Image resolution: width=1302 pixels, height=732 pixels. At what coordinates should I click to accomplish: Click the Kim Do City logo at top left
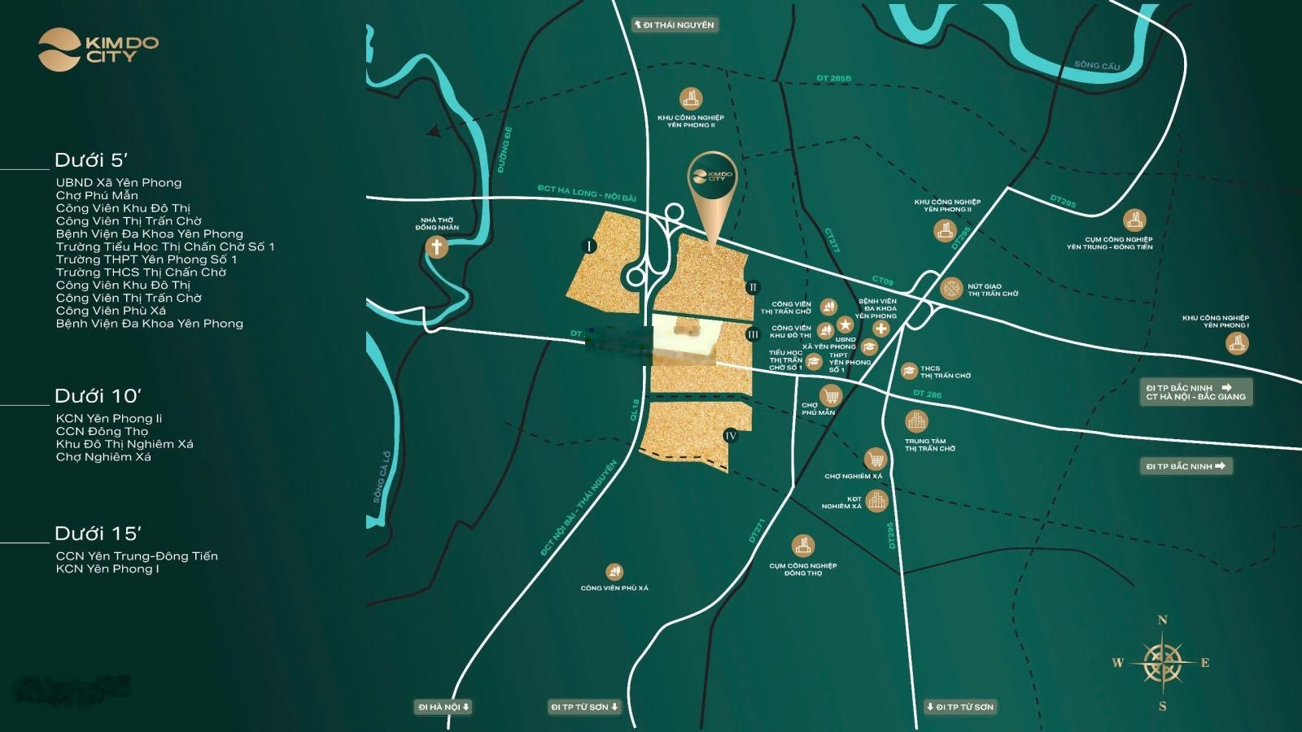tap(98, 49)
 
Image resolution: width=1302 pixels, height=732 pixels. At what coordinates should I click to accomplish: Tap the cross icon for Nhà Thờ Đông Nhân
tap(437, 246)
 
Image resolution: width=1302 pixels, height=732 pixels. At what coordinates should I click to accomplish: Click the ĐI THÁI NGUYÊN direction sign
tap(675, 25)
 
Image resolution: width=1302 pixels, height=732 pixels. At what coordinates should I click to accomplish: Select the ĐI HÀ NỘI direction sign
tap(443, 707)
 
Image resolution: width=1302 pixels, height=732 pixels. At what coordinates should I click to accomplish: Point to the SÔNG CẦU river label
tap(1096, 65)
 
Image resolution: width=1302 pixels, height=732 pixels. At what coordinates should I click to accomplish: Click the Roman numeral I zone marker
tap(590, 246)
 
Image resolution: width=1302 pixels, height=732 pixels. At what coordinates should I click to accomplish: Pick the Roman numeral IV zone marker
tap(731, 436)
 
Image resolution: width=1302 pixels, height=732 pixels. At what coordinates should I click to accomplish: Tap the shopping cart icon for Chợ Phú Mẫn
tap(830, 396)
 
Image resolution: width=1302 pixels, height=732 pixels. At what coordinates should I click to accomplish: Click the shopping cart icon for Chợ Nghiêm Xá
tap(875, 459)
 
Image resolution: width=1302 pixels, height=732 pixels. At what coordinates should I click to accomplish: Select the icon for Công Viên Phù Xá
tap(614, 573)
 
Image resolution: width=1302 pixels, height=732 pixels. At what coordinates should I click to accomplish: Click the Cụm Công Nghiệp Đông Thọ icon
tap(802, 546)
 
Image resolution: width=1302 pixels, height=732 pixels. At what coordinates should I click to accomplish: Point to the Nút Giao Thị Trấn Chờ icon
tap(951, 288)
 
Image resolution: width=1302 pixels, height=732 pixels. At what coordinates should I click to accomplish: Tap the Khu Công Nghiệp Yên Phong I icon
tap(1237, 343)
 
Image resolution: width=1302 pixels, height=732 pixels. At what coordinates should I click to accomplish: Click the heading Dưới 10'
tap(98, 396)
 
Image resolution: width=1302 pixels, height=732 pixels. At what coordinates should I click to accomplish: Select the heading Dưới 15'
tap(98, 534)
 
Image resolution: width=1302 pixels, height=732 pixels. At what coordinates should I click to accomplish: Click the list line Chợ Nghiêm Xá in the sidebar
tap(103, 457)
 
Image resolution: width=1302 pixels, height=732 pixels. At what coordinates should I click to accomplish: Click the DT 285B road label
tap(833, 79)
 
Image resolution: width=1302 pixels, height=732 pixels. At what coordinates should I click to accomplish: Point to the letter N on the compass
tap(1162, 621)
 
